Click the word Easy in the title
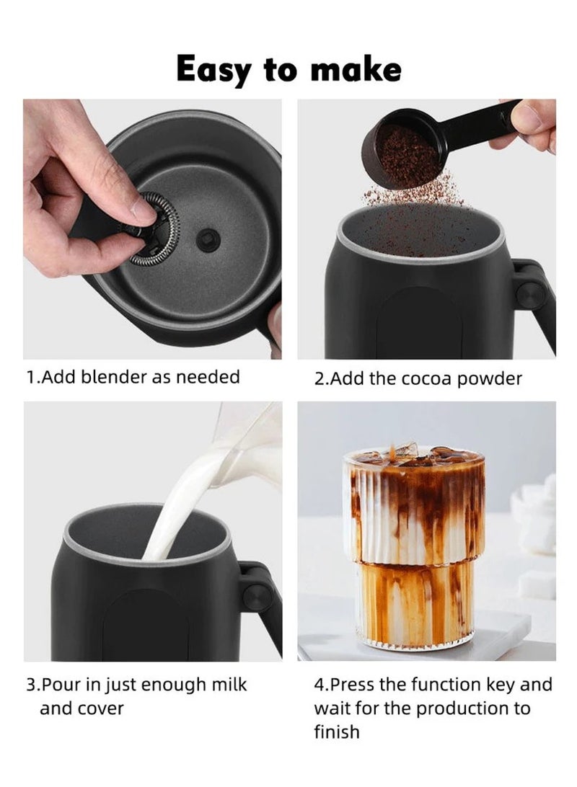tap(213, 71)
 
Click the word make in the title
tap(356, 71)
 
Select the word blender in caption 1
tap(111, 376)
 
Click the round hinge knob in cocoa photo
tap(529, 293)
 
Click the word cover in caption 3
tap(97, 708)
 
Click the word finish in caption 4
tap(336, 732)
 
